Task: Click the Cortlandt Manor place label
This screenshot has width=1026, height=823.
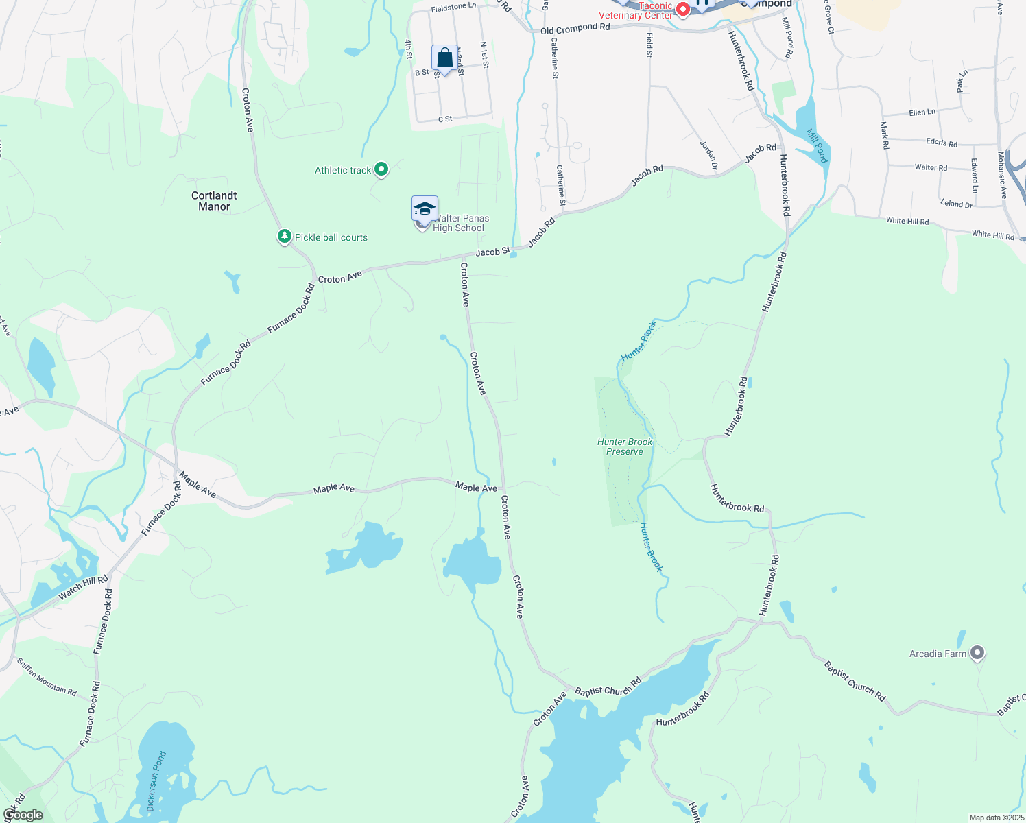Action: pyautogui.click(x=214, y=201)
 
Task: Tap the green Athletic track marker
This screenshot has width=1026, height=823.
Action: pyautogui.click(x=381, y=169)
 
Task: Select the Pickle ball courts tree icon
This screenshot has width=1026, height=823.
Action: pyautogui.click(x=285, y=237)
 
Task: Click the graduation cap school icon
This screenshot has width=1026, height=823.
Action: pyautogui.click(x=425, y=208)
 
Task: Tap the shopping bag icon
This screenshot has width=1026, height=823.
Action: pyautogui.click(x=444, y=58)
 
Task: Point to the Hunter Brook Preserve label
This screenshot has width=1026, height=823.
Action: pyautogui.click(x=625, y=446)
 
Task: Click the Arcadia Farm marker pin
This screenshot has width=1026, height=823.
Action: pyautogui.click(x=977, y=653)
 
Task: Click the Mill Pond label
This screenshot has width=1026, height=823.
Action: pyautogui.click(x=818, y=145)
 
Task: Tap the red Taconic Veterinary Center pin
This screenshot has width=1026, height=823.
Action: pyautogui.click(x=682, y=10)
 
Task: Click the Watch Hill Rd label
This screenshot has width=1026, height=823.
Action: pyautogui.click(x=83, y=588)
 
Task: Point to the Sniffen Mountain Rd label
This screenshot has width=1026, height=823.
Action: pyautogui.click(x=47, y=677)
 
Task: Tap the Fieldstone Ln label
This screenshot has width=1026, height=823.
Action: pyautogui.click(x=453, y=7)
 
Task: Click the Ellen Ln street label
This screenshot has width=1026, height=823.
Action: pyautogui.click(x=922, y=112)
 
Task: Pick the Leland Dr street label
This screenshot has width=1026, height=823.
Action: pyautogui.click(x=956, y=204)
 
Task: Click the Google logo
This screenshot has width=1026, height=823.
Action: pyautogui.click(x=23, y=815)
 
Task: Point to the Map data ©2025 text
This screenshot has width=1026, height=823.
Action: pyautogui.click(x=996, y=818)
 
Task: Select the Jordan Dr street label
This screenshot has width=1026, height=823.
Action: pyautogui.click(x=708, y=155)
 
